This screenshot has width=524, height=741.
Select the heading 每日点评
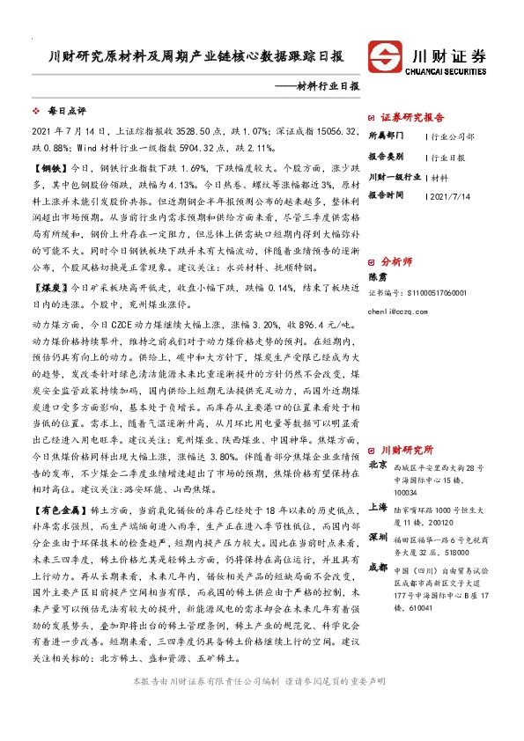point(66,112)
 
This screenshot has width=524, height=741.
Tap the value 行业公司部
point(453,137)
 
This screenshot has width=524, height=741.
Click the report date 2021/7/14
point(451,194)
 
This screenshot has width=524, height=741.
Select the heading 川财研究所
point(407,448)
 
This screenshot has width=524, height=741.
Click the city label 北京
point(377,465)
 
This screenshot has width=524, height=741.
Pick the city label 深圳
point(377,536)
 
